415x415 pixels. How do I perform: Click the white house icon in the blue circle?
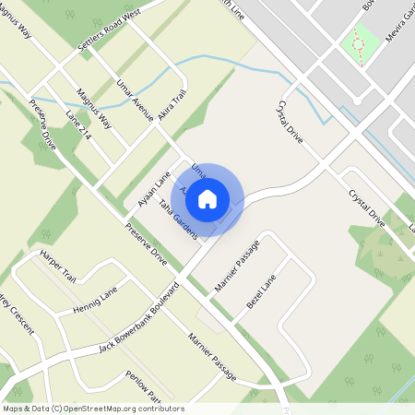(207, 197)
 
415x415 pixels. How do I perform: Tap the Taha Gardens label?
(178, 219)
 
